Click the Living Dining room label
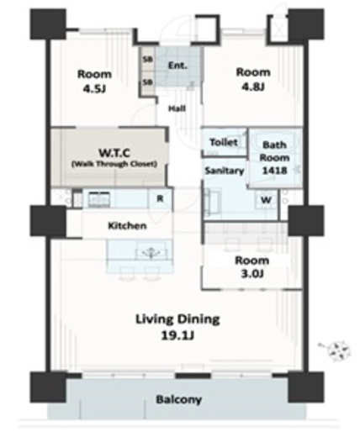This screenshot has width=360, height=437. coord(177,319)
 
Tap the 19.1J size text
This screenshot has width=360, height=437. coord(177,335)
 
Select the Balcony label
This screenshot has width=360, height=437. coord(179,399)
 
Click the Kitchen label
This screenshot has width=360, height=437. coord(127,225)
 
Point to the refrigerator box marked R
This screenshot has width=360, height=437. coord(160,199)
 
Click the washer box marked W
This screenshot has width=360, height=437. coord(266,200)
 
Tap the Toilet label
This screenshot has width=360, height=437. coord(224,142)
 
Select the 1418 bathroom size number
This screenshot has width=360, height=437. coord(274,171)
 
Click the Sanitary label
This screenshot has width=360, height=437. coord(225,171)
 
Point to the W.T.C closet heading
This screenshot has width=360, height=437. coord(114,153)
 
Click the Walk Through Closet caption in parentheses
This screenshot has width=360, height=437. coord(114,164)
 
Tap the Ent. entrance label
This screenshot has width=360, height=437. coord(177,66)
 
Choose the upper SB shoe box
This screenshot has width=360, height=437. coord(147,60)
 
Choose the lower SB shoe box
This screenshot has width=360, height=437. coord(147,82)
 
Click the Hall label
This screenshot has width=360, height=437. coord(177,108)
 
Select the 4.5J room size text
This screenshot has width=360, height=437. coord(94,89)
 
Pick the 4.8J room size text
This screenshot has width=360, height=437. coord(253,87)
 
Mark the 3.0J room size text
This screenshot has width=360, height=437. coord(252,274)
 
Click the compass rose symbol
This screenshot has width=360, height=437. coord(338,350)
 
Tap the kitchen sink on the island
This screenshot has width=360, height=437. coord(151,252)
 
